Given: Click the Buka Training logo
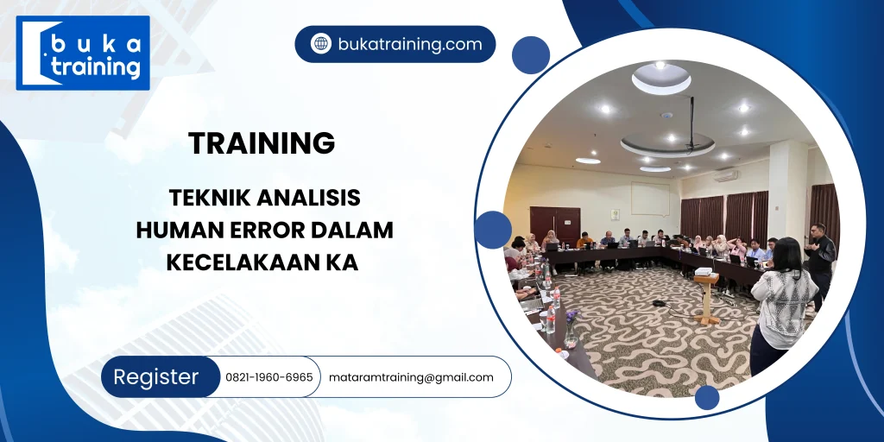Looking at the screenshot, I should [83, 54].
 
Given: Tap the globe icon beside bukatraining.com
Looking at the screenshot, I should [321, 44].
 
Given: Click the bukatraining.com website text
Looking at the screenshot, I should [410, 44].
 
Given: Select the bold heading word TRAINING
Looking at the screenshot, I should [262, 143].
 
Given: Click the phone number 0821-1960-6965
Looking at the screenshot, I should [269, 377].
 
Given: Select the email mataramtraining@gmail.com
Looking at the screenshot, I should [411, 377].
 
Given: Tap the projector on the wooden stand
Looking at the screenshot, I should [704, 273].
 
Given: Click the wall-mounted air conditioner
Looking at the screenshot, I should [726, 174].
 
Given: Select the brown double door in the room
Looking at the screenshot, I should [555, 223].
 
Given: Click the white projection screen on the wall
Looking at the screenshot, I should [650, 199].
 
